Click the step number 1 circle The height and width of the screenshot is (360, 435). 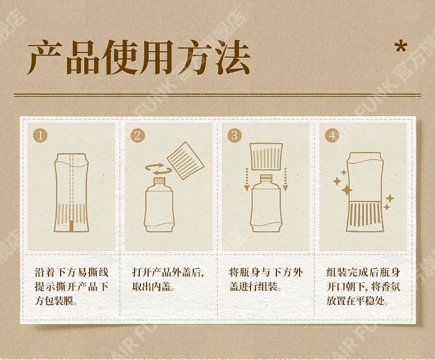pyautogui.click(x=40, y=135)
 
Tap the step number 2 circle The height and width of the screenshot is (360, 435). pyautogui.click(x=138, y=135)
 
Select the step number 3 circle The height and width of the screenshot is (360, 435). pyautogui.click(x=235, y=135)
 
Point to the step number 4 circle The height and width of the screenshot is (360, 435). pyautogui.click(x=332, y=135)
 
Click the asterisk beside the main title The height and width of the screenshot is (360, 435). pyautogui.click(x=401, y=48)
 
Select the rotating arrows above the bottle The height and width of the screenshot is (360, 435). pyautogui.click(x=155, y=169)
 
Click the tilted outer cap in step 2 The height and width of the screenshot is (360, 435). pyautogui.click(x=186, y=160)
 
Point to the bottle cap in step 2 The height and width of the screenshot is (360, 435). pyautogui.click(x=160, y=181)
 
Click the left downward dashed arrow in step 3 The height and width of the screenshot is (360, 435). pyautogui.click(x=246, y=179)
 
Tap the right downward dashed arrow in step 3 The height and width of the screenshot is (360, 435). pyautogui.click(x=285, y=179)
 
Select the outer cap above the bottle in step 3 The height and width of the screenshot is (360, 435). pyautogui.click(x=267, y=156)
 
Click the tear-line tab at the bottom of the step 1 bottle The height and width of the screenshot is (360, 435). pyautogui.click(x=72, y=226)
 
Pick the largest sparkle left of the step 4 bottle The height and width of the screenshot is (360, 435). pyautogui.click(x=346, y=190)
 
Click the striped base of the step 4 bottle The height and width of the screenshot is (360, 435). pyautogui.click(x=366, y=217)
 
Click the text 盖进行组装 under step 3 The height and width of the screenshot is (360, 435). pyautogui.click(x=253, y=287)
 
